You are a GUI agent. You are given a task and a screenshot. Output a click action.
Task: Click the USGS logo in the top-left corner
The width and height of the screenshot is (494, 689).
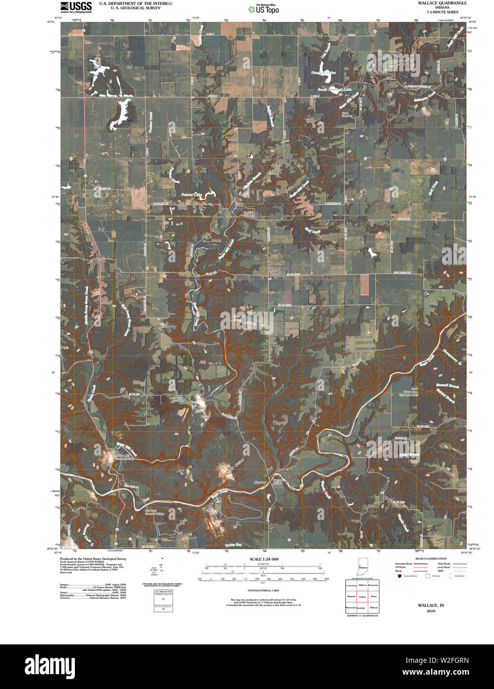[x=76, y=6]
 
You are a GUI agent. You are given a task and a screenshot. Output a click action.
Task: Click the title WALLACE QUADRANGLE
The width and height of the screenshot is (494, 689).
[x=435, y=3]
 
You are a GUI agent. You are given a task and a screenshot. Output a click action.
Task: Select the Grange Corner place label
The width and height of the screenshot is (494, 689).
[x=274, y=271]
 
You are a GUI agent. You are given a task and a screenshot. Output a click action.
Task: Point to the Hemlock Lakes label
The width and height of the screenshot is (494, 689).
[x=323, y=72]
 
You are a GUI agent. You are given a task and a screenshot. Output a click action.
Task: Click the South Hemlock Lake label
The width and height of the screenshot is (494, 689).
[x=337, y=90]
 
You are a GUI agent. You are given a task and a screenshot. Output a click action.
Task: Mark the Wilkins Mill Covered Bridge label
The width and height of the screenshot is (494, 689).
[x=125, y=457]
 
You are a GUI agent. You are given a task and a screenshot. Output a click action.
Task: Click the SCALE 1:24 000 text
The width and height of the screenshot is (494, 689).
[x=263, y=559]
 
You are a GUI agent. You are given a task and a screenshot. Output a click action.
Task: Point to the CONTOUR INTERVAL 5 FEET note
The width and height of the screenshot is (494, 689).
[x=263, y=591]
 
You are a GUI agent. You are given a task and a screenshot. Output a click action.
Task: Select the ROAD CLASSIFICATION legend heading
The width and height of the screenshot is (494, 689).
[x=431, y=559]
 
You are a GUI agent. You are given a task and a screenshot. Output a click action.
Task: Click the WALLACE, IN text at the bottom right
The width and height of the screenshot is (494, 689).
[x=431, y=605]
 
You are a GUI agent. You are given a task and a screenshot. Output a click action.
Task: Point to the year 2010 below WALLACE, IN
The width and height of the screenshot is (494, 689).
[x=431, y=611]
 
